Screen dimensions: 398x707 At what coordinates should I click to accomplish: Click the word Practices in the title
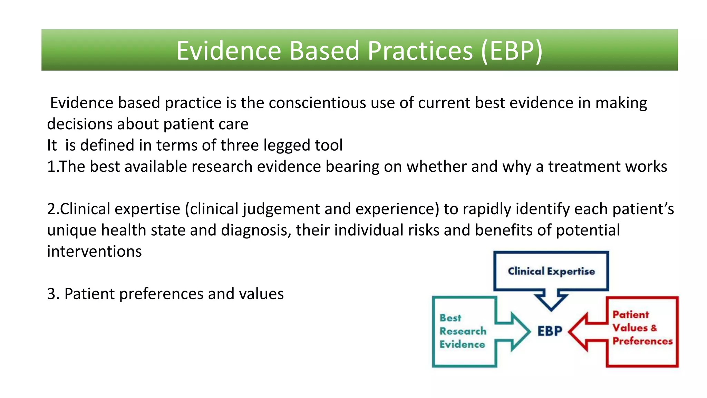click(x=420, y=51)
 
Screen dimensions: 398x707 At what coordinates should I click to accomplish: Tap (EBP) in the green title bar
click(x=512, y=51)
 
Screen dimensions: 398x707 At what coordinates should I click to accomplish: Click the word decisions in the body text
click(x=80, y=124)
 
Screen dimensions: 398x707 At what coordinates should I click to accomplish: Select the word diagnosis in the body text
click(x=255, y=230)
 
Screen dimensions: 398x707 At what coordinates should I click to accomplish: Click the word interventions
click(x=94, y=252)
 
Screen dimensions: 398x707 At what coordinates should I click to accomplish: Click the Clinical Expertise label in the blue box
click(x=551, y=271)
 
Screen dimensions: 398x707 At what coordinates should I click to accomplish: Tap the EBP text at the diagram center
click(x=550, y=331)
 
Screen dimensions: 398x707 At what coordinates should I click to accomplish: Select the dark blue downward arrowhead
click(x=551, y=303)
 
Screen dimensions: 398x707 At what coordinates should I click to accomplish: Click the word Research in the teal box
click(x=463, y=331)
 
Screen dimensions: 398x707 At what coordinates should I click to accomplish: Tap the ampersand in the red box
click(x=653, y=328)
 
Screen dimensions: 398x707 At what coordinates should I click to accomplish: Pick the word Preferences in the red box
click(x=642, y=341)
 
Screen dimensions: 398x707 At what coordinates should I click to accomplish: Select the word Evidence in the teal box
click(x=462, y=344)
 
